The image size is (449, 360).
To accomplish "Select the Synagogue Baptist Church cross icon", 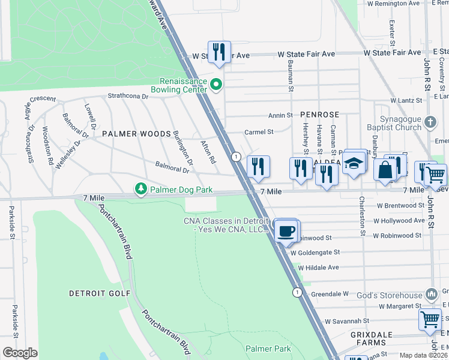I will click(x=430, y=123).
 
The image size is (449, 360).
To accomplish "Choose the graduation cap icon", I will click(x=354, y=163).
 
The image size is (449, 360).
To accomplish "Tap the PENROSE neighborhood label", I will click(x=320, y=114).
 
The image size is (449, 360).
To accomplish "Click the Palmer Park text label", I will click(x=268, y=349).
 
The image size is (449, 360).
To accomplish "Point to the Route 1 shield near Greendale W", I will click(x=297, y=292).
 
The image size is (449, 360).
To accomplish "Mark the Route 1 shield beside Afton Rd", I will click(x=236, y=156).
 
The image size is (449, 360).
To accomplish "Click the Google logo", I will click(x=20, y=353).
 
